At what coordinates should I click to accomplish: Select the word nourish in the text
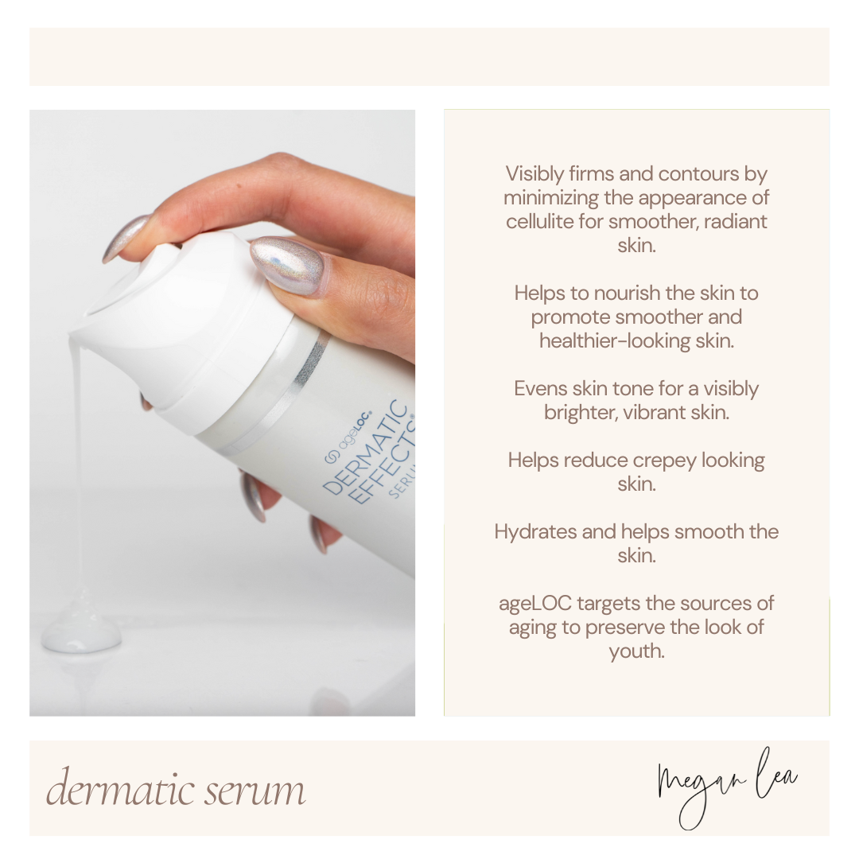pyautogui.click(x=628, y=293)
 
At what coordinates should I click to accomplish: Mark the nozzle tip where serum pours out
pyautogui.click(x=73, y=336)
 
